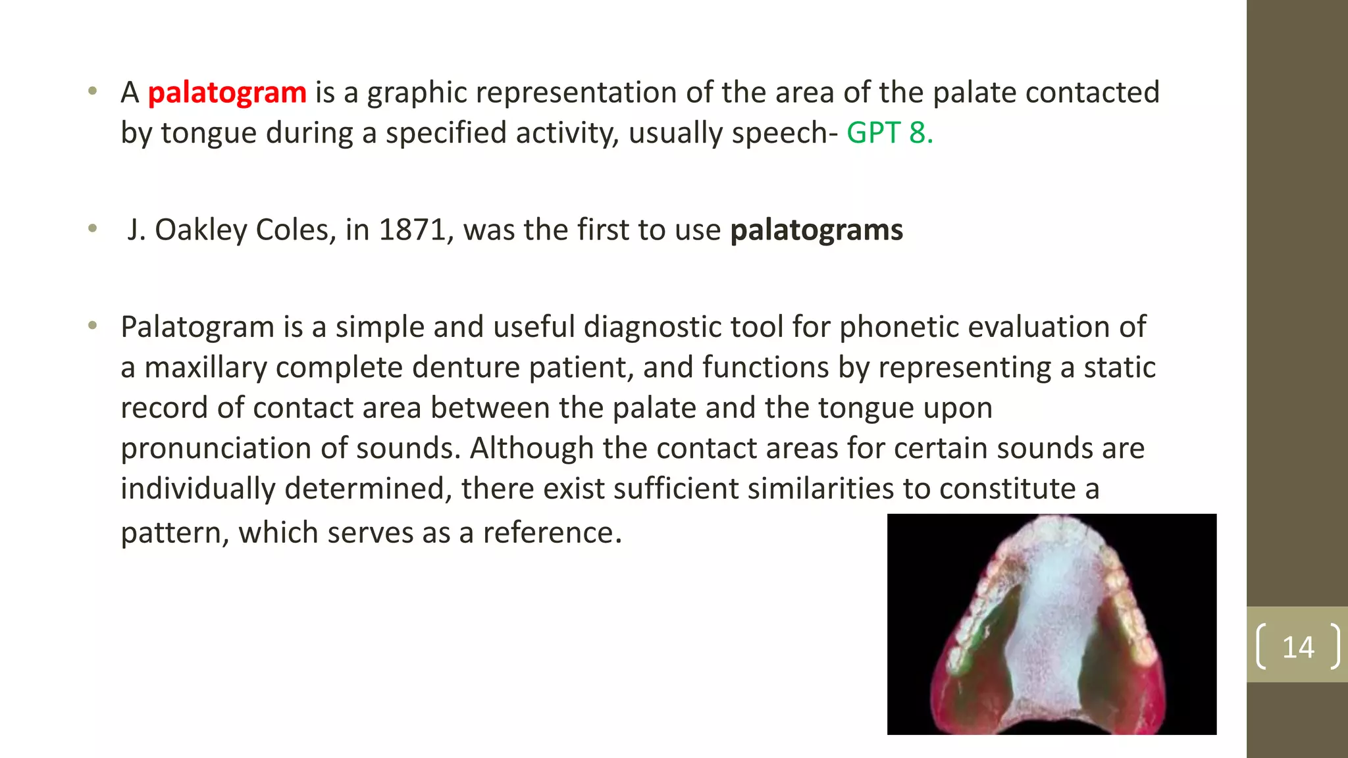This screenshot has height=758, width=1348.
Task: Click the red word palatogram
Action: [226, 93]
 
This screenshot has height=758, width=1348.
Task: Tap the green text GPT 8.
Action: [889, 133]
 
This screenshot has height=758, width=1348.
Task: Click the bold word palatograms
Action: [816, 230]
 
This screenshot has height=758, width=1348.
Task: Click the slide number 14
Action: [1297, 647]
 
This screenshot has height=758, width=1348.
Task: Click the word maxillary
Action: [205, 368]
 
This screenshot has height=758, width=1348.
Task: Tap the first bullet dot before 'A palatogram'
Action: [93, 91]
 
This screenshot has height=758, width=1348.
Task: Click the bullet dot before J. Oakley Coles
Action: [93, 229]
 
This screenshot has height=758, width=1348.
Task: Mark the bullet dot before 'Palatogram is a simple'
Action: [93, 326]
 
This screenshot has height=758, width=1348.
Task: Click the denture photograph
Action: [1051, 624]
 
